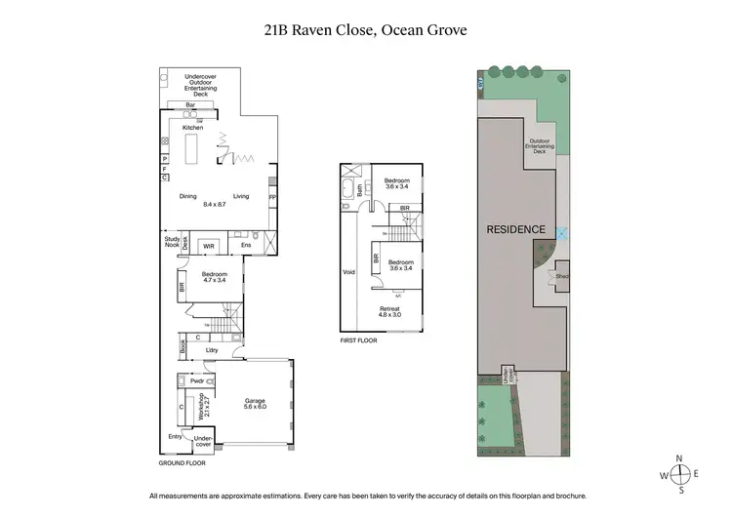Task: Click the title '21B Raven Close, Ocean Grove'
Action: (x=366, y=30)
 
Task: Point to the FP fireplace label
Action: (x=271, y=196)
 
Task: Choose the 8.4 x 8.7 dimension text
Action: (x=215, y=205)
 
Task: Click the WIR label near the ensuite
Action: (x=208, y=247)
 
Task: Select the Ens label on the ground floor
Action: (x=247, y=246)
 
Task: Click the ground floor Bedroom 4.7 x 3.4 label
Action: (x=215, y=277)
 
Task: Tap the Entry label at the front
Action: (x=175, y=436)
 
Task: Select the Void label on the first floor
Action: (x=348, y=272)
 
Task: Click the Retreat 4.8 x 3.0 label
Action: (x=390, y=311)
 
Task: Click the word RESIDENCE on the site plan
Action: (x=515, y=229)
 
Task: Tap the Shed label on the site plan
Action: (x=562, y=276)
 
